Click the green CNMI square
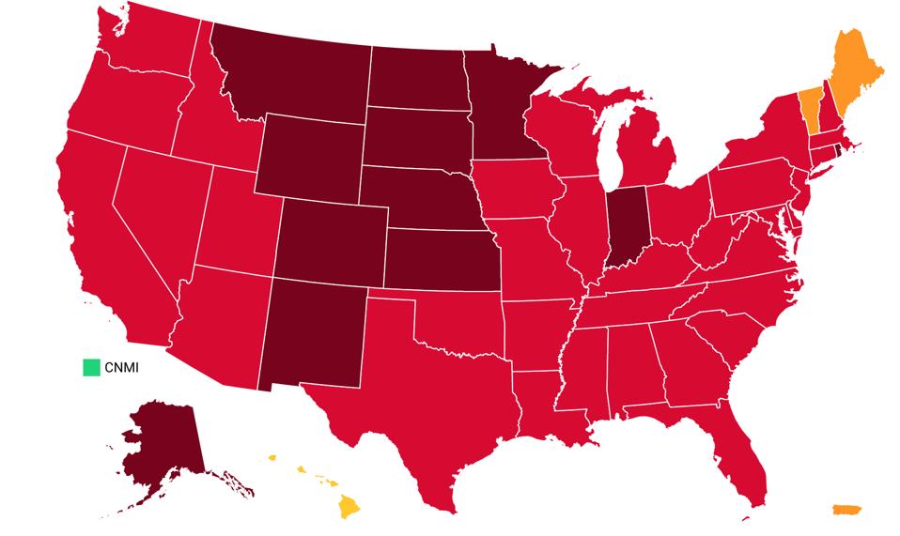(x=90, y=367)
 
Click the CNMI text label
(x=122, y=367)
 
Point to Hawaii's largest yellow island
(x=349, y=507)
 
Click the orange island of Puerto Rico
(x=846, y=510)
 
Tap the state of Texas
(x=413, y=404)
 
